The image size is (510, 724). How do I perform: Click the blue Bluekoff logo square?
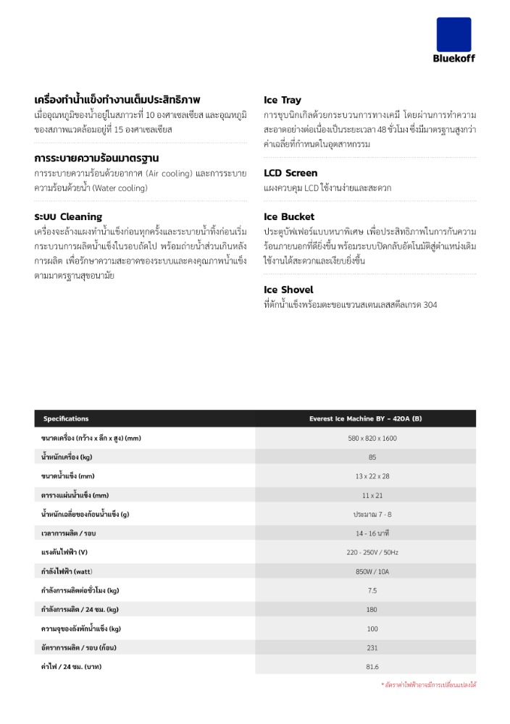coord(453,34)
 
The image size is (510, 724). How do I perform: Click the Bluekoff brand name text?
coord(454,58)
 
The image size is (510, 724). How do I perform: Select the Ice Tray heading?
coord(283,100)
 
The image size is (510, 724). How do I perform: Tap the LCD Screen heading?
coord(290,173)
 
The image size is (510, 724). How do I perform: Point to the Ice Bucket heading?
coord(289,216)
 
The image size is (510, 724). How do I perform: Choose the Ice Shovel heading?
coord(288,290)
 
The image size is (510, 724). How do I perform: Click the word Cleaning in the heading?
coord(81,216)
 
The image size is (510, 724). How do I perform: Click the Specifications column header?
coord(66,418)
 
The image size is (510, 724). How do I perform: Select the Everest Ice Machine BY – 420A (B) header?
coord(372,418)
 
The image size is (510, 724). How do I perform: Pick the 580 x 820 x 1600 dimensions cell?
coord(372,438)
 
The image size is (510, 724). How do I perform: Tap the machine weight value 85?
coord(372,457)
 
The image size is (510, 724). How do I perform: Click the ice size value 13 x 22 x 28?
coord(372,476)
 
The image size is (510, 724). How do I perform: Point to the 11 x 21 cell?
coord(372,495)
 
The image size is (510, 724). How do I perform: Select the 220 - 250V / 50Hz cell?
coord(372,552)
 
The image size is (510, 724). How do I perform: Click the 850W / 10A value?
coord(372,571)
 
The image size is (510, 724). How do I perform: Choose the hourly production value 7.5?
coord(372,590)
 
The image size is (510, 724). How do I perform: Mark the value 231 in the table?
coord(372,647)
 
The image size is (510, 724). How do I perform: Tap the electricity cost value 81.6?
coord(372,666)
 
